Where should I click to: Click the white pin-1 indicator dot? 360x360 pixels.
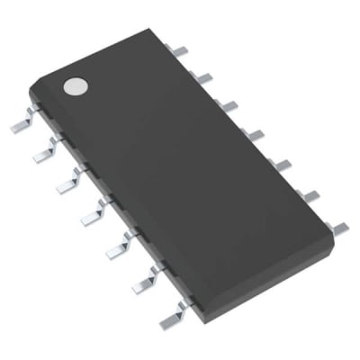coord(74,86)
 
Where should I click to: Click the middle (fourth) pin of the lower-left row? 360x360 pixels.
coord(93,214)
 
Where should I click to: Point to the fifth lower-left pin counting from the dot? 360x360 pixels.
coord(118,247)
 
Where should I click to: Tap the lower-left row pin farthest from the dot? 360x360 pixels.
coord(171,313)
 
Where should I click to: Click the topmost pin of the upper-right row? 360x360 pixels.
coord(182,51)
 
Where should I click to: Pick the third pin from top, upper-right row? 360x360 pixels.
coord(229,105)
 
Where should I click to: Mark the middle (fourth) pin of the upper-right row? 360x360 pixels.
coord(255,135)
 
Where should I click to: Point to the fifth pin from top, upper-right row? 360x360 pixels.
coord(281,165)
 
